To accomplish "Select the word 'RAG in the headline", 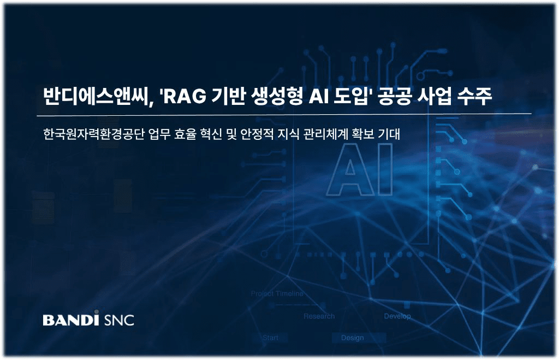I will [180, 97].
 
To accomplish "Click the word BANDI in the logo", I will [70, 319].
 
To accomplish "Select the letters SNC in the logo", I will [118, 320].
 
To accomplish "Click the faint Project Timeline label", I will [277, 294].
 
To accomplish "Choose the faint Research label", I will [319, 316].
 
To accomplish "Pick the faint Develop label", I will [397, 316].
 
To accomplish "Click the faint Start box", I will [270, 338].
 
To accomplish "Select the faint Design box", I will [352, 338].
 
